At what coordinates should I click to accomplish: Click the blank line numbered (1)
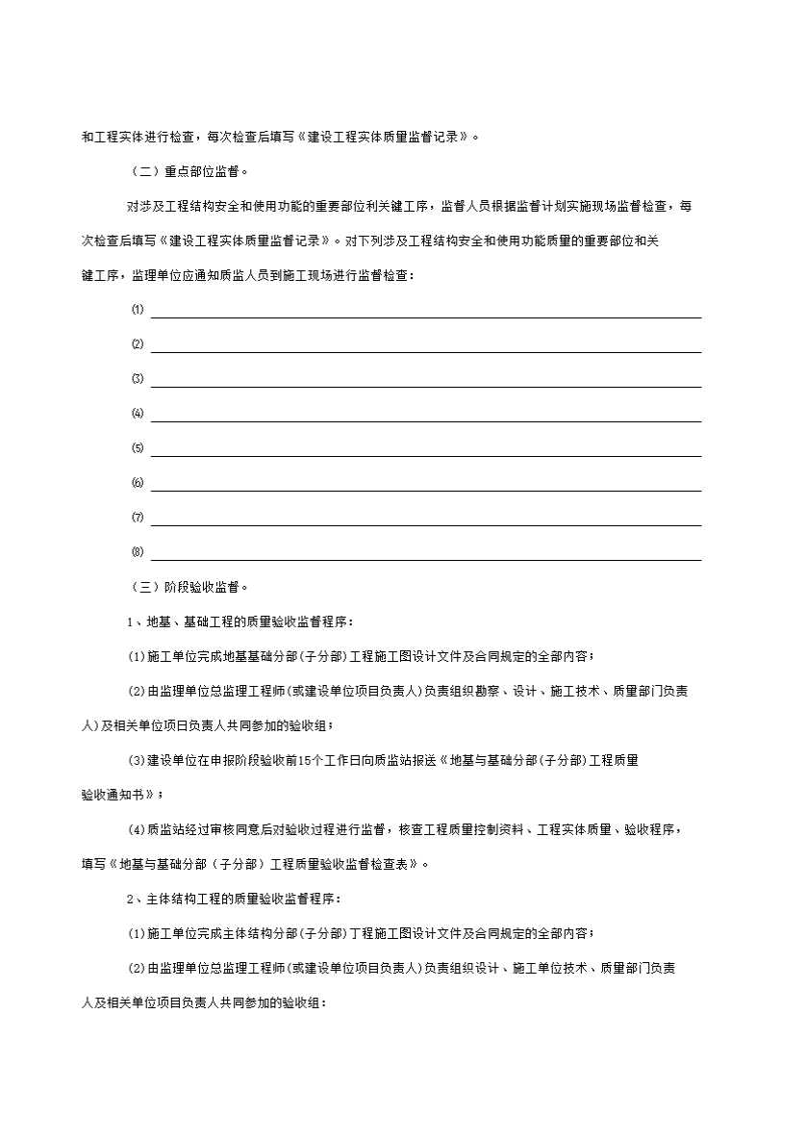pos(425,310)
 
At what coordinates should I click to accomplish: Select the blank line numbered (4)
pos(425,414)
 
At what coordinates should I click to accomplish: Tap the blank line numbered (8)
pos(425,552)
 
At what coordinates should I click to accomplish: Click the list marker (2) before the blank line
pos(138,344)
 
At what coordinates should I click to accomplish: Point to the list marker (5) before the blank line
pos(138,448)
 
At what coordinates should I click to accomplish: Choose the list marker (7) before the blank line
pos(138,518)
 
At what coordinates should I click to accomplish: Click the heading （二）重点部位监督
pos(189,173)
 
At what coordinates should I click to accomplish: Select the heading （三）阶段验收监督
pos(189,587)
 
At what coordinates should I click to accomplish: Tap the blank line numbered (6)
pos(425,483)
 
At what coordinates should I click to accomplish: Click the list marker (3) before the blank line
pos(138,379)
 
